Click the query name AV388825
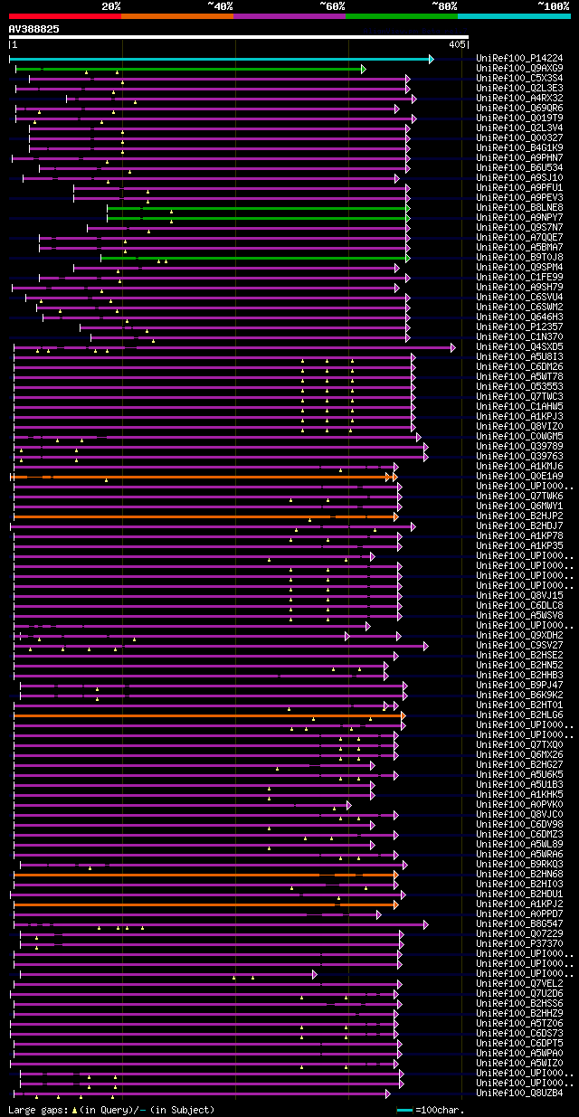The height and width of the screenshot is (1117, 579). [34, 29]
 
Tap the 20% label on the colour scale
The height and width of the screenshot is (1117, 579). [110, 5]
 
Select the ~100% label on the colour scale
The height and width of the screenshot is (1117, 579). [553, 5]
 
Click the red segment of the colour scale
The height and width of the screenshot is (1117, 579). [63, 15]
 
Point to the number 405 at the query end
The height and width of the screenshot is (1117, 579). [457, 43]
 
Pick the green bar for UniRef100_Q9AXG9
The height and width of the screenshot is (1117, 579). [190, 69]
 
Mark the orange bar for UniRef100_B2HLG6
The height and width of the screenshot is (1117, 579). [208, 715]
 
